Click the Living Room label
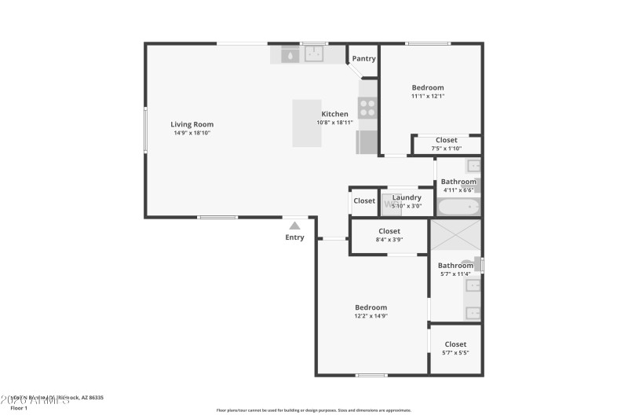(x=192, y=124)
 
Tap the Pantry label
(x=363, y=59)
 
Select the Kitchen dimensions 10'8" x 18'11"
(x=335, y=123)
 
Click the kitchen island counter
(x=308, y=123)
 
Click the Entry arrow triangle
(x=294, y=224)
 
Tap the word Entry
(x=294, y=237)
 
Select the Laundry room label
(x=407, y=197)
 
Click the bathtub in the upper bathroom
(x=457, y=208)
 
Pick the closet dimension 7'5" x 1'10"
(x=446, y=149)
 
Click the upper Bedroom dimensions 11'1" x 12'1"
(x=428, y=96)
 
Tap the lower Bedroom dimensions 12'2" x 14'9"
(x=371, y=316)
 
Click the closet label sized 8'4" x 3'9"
(x=389, y=240)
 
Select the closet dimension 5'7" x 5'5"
(x=455, y=353)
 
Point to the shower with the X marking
(x=456, y=236)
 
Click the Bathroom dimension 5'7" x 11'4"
(x=455, y=274)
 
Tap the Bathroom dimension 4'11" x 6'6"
(x=458, y=189)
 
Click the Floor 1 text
(x=19, y=408)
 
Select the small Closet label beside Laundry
(x=364, y=201)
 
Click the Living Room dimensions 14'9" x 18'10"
(x=192, y=133)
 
